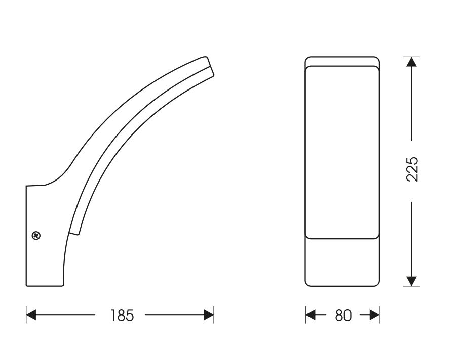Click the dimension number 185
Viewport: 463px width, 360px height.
122,315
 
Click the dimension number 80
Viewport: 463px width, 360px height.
343,315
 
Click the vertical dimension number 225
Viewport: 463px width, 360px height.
412,169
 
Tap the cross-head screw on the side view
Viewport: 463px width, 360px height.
36,236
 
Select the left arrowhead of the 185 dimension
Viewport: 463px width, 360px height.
31,315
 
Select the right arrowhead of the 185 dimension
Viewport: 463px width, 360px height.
209,315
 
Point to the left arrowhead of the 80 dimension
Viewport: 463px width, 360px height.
311,315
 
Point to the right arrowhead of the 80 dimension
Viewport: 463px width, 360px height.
374,315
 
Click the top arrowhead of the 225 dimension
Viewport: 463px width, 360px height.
412,62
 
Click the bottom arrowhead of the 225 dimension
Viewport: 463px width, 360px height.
412,281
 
